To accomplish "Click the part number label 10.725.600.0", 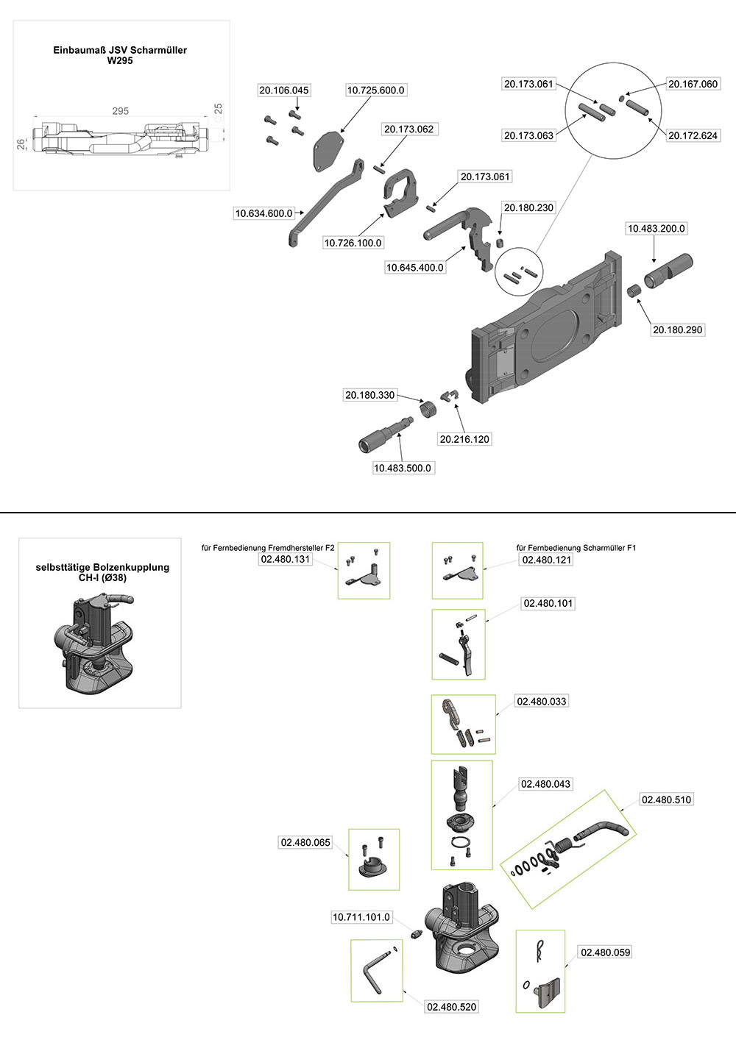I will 375,90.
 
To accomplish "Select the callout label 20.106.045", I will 284,90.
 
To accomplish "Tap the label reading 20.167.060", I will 693,84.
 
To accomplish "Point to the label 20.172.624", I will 693,135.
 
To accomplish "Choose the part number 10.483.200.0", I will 656,229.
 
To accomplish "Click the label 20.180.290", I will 678,330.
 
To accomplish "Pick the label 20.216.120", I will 464,439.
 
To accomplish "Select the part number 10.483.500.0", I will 403,468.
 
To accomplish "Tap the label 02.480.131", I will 286,559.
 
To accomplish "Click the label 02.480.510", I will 667,799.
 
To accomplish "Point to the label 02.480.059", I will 606,952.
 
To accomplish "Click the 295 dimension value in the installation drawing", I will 120,111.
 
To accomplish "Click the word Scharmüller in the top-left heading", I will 160,50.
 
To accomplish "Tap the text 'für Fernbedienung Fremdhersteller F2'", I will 268,548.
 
